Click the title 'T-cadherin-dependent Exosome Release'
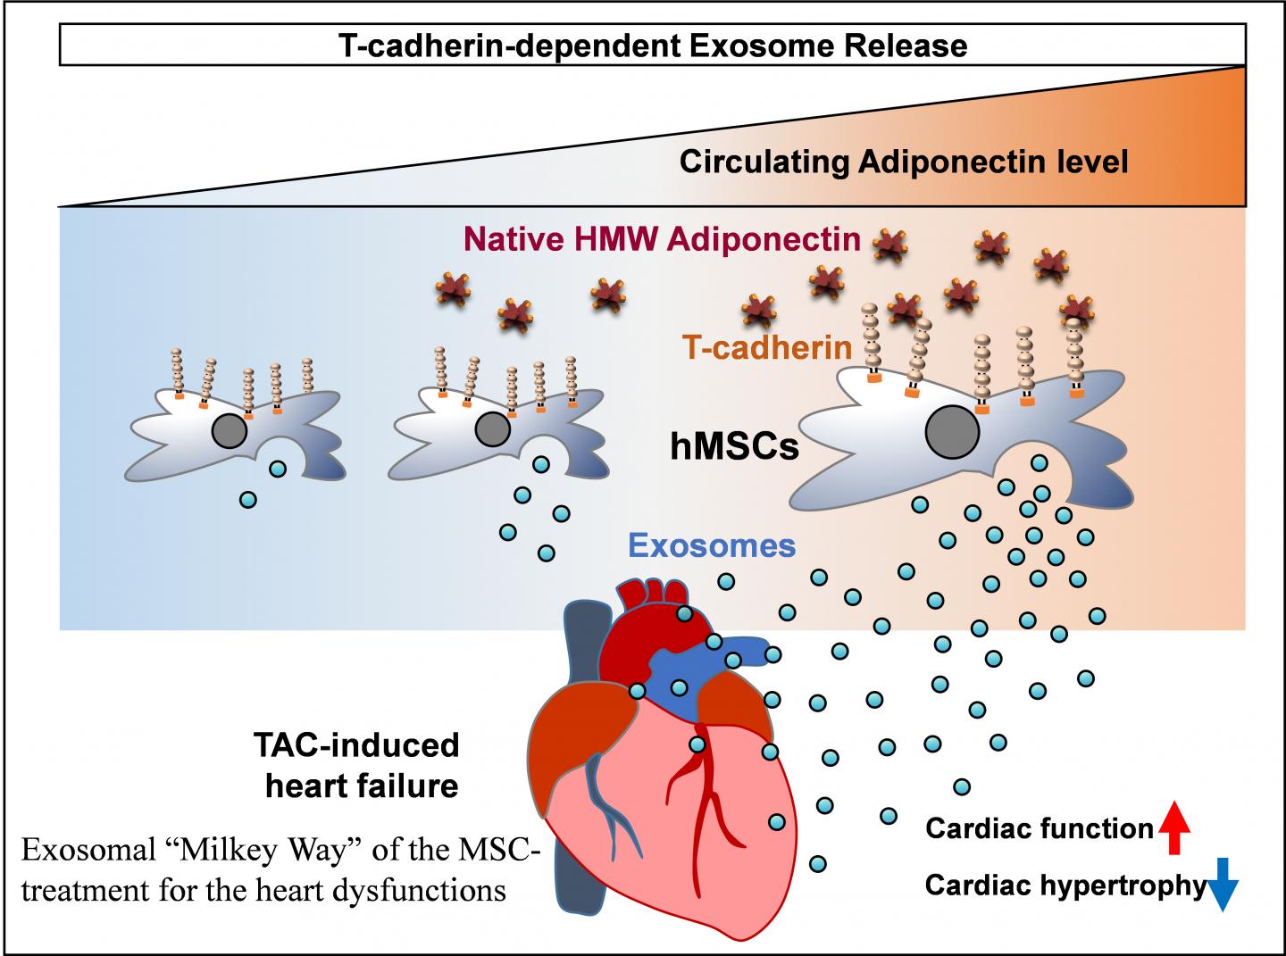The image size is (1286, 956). point(653,45)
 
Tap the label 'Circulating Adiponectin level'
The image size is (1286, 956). point(904,162)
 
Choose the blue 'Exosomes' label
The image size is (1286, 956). point(712,545)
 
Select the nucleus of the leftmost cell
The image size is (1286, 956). point(230,432)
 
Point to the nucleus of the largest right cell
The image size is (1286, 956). point(952,434)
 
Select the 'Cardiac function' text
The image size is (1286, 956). point(1040,829)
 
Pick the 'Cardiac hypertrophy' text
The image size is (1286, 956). point(1065,885)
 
